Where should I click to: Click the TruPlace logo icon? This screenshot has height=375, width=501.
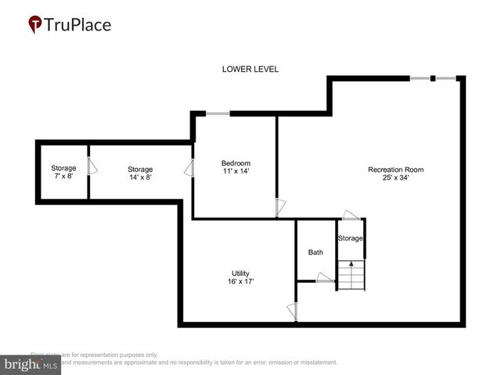coord(35,24)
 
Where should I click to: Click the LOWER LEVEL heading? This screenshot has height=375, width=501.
coord(250,70)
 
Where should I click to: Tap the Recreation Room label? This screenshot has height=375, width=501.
coord(396,170)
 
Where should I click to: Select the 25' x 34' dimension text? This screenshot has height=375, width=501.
coord(396,178)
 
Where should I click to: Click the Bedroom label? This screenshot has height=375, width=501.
coord(236,162)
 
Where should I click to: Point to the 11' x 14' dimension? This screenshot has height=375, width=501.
coord(236,171)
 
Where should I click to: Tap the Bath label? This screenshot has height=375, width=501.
coord(315,252)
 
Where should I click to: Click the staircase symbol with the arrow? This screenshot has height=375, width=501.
coord(351,275)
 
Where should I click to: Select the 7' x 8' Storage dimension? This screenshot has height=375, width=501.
coord(63,177)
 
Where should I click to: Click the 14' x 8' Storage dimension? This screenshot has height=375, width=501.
coord(140,177)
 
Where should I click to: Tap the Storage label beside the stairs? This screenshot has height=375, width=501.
coord(350,237)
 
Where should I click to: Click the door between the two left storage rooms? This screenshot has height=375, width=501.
coord(92,166)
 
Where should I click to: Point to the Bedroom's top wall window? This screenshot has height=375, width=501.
coord(218,114)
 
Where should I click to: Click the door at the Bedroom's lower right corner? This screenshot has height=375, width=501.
coord(280,208)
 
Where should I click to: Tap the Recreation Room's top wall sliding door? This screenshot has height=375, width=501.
coord(434,78)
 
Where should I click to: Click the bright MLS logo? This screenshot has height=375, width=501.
coord(31,365)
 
